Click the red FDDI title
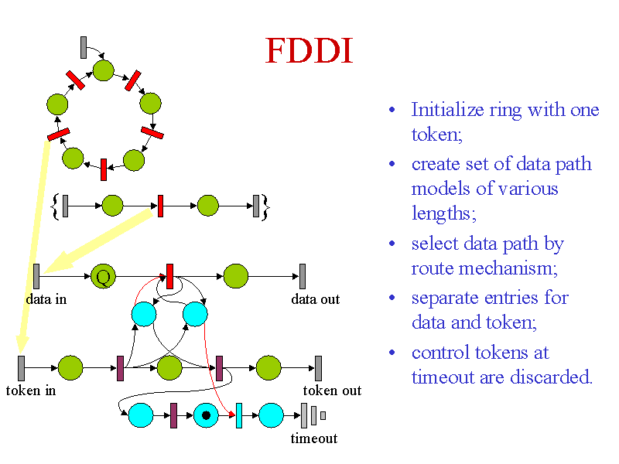(x=309, y=51)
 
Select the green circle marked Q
(x=103, y=276)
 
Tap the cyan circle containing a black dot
(x=206, y=415)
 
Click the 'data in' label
(x=46, y=299)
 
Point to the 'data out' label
(x=315, y=299)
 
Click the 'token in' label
(x=31, y=391)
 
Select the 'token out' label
(x=332, y=391)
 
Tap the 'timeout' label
(x=314, y=438)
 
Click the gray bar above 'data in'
(x=36, y=276)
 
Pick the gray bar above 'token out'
(x=318, y=368)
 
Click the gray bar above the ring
(x=84, y=48)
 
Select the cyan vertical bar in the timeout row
(x=239, y=415)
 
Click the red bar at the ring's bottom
(x=104, y=169)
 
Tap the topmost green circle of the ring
(x=104, y=70)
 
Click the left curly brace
(x=56, y=206)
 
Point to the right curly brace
(x=265, y=206)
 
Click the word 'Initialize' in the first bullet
(x=448, y=110)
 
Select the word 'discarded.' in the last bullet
(x=552, y=377)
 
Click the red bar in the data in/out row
(x=169, y=276)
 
